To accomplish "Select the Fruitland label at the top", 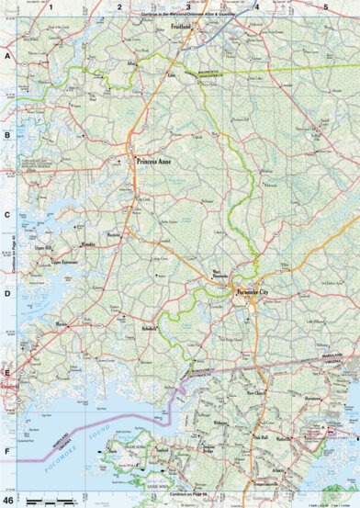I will click(x=186, y=28).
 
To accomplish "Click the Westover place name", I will click(x=116, y=235).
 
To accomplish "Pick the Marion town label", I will click(x=62, y=324).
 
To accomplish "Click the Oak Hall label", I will click(x=260, y=438).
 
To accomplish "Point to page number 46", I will click(x=8, y=500).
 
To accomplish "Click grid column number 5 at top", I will click(x=325, y=7).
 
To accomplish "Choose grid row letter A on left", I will click(x=6, y=56).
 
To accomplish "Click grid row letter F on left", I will click(x=6, y=451).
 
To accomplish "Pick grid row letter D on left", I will click(x=6, y=294).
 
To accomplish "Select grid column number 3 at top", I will click(x=188, y=7).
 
